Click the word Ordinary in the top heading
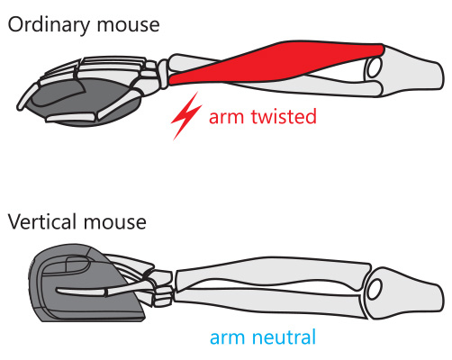coord(49,25)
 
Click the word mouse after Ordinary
coord(128,25)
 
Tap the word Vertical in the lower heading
coord(42,221)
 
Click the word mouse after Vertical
coord(115,222)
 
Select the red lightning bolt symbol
coord(186,116)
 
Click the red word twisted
coord(284,116)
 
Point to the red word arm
coord(226,118)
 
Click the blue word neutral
coord(284,337)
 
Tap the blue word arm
coord(227,338)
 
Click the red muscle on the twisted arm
coord(276,63)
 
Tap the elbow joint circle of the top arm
coord(373,67)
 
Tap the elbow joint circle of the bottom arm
coord(375,289)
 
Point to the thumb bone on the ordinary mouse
coord(72,117)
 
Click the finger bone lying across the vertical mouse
coord(81,291)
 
